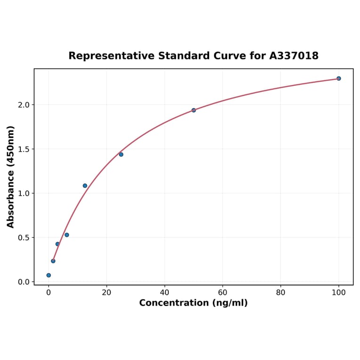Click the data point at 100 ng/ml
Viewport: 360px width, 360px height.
point(338,78)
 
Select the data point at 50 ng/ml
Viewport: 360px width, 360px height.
point(194,110)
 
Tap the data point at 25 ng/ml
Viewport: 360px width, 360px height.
point(121,155)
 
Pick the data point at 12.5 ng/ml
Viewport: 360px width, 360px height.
point(85,186)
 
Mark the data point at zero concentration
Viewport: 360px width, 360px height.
point(49,275)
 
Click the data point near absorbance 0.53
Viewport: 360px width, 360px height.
point(67,235)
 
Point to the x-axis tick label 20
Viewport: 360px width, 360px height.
point(106,292)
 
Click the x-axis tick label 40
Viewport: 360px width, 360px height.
point(164,292)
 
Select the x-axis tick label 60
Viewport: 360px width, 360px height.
point(222,292)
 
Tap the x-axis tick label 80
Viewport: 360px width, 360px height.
point(280,292)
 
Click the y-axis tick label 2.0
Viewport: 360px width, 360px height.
point(23,105)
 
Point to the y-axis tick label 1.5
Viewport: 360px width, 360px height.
point(23,149)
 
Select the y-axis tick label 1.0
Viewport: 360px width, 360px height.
point(23,193)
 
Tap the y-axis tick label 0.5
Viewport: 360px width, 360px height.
point(23,237)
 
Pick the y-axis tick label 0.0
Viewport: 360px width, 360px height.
point(23,282)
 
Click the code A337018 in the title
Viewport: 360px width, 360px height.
point(294,56)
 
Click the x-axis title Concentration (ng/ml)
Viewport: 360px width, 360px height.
point(193,303)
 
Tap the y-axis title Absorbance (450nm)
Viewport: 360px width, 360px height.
point(11,177)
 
